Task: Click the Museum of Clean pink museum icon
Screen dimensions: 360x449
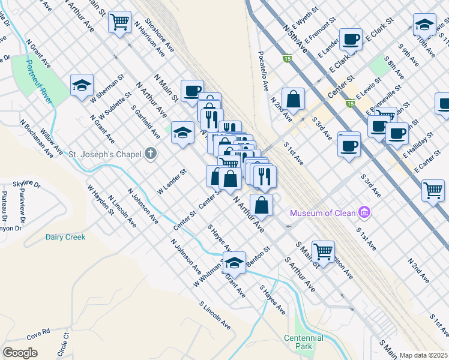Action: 364,212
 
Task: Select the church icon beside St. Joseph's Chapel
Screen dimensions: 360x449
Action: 150,154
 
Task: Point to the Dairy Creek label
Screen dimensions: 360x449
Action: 65,237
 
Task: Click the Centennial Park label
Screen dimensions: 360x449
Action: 304,342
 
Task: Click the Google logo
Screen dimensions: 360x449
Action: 20,353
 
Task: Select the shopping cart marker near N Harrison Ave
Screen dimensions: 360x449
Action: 119,22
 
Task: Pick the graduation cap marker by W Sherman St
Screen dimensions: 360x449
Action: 82,85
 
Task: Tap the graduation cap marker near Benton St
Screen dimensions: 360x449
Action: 234,263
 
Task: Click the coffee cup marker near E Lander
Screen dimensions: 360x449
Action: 351,40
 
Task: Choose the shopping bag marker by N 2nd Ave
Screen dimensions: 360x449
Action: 293,99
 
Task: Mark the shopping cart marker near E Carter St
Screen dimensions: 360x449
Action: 433,191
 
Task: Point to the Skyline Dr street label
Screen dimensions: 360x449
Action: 14,182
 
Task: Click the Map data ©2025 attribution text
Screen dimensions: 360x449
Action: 424,355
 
